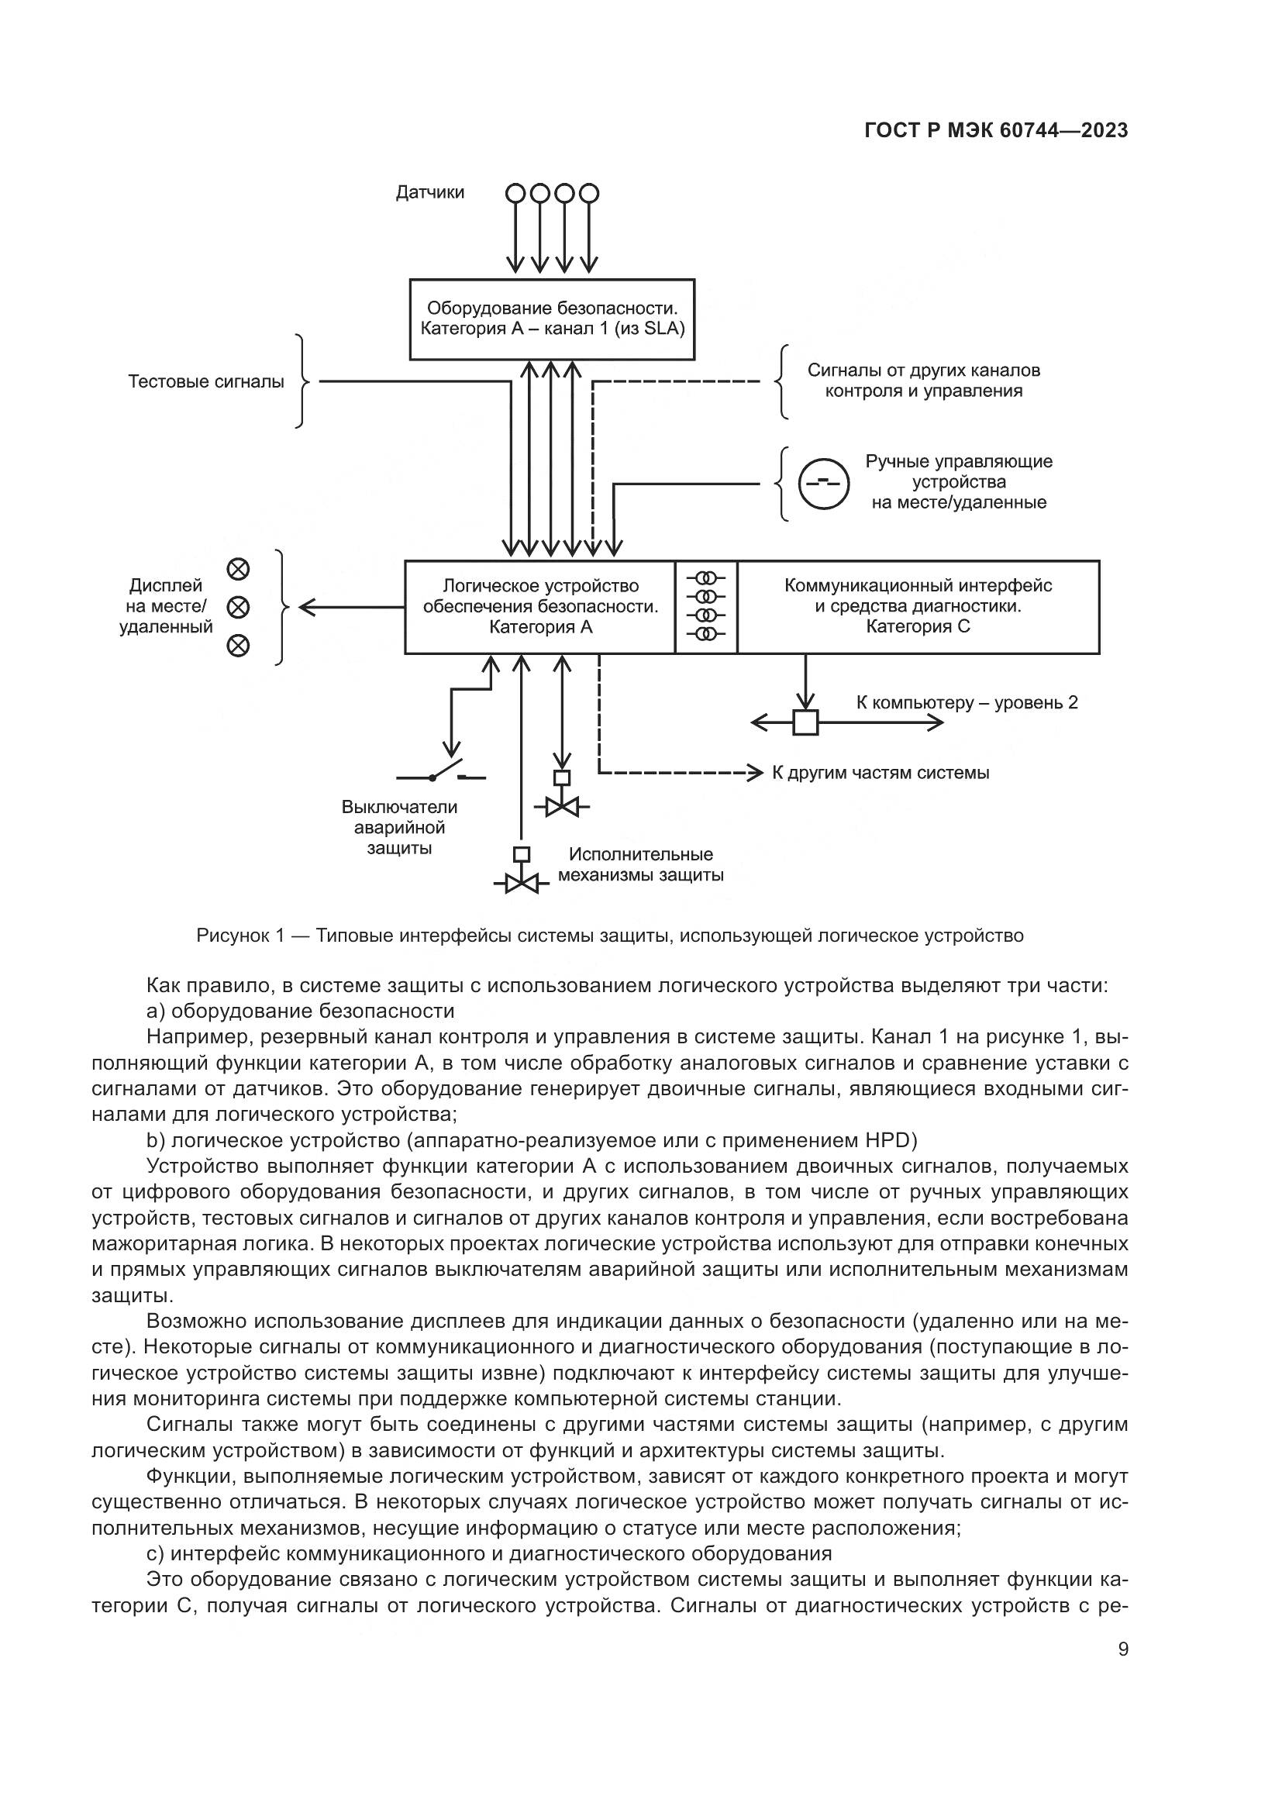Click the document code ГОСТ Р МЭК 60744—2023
995,131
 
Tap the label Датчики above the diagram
430,193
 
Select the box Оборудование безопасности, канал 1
552,319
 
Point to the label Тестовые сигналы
206,382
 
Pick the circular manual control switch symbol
823,483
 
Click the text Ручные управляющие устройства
958,481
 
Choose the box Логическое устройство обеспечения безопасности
540,606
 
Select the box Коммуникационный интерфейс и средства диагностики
917,606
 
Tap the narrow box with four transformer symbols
707,606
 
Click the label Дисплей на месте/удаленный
166,606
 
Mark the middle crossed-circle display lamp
239,607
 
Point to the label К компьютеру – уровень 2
967,703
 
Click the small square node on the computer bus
805,722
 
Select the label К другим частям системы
881,773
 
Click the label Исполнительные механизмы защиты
640,865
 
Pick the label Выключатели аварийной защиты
398,828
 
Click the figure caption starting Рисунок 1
609,936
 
